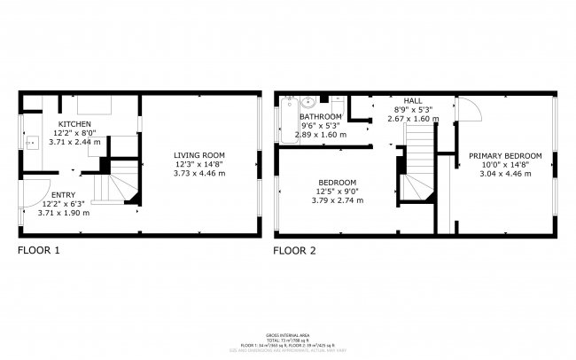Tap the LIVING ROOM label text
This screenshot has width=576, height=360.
coord(199,156)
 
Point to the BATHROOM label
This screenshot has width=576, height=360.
coord(321,117)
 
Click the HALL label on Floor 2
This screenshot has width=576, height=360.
coord(413,101)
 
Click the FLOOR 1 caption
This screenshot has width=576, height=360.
coord(39,251)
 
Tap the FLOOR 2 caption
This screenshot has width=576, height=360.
coord(294,251)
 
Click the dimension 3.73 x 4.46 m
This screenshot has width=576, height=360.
coord(199,174)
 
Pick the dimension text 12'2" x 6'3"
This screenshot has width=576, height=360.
coord(64,204)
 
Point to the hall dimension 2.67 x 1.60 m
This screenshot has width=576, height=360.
coord(413,118)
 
